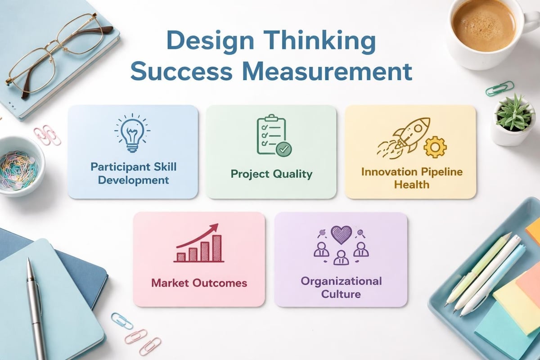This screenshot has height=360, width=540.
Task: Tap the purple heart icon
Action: pyautogui.click(x=341, y=234)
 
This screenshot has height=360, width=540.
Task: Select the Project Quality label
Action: pyautogui.click(x=271, y=174)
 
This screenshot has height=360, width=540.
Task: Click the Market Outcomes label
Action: pyautogui.click(x=199, y=283)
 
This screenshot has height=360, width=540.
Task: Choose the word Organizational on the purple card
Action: pyautogui.click(x=341, y=282)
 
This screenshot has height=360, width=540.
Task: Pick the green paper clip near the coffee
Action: pyautogui.click(x=499, y=88)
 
